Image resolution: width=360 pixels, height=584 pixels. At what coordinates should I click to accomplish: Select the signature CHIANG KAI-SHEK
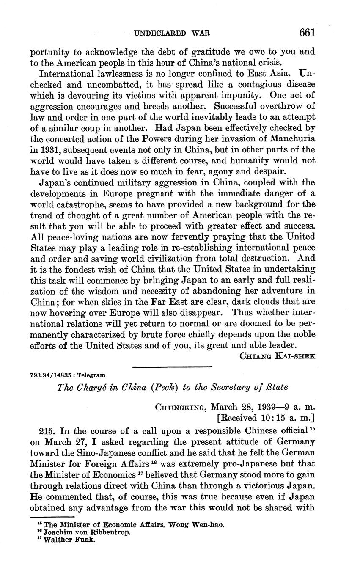point(277,356)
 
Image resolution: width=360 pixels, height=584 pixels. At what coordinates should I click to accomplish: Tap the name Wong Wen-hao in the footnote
point(196,525)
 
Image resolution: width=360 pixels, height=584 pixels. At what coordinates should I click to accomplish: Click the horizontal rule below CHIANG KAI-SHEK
point(171,366)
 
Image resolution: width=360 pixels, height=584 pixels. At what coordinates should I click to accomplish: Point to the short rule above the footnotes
point(52,517)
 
